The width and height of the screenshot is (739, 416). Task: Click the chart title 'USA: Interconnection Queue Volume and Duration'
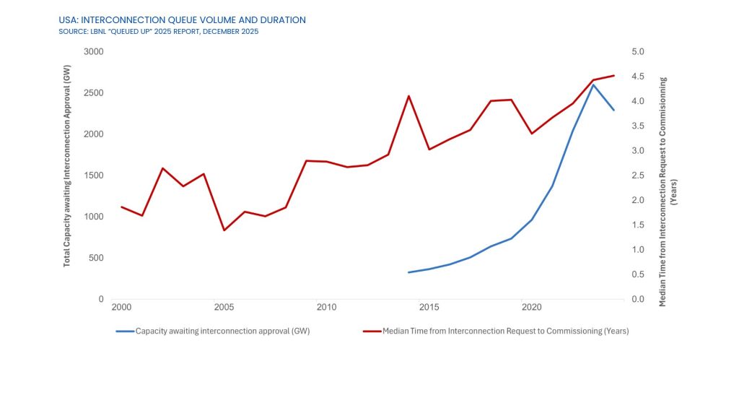(x=182, y=20)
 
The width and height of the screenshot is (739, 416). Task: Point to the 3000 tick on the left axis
(x=94, y=52)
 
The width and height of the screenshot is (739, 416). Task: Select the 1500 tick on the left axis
(x=94, y=175)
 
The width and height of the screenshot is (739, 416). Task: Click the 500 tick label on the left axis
(x=96, y=258)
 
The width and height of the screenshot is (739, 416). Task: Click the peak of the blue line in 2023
(x=593, y=84)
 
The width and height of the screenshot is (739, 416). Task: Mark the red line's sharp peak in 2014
(x=408, y=96)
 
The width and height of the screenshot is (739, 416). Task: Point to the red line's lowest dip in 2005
(x=224, y=230)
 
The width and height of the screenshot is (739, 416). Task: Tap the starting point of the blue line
(x=408, y=272)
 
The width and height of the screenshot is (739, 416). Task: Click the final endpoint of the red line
(x=614, y=75)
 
